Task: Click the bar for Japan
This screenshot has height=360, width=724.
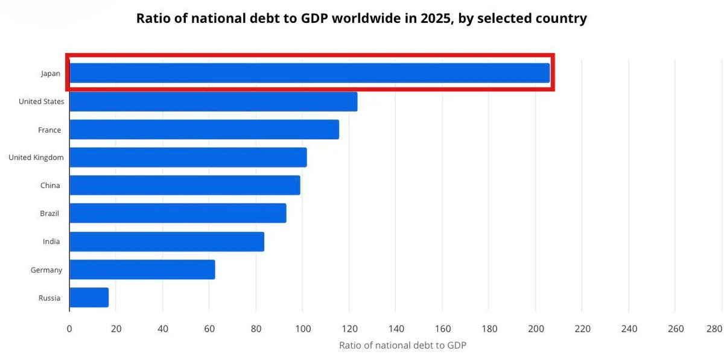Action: (x=310, y=73)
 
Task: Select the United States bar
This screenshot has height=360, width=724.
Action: (x=214, y=101)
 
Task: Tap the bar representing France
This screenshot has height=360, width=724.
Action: (x=205, y=129)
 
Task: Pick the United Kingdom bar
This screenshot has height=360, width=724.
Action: (x=188, y=157)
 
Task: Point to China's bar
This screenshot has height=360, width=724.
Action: (x=185, y=185)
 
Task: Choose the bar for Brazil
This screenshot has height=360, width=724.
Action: (x=178, y=213)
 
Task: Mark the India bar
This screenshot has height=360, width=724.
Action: (x=167, y=241)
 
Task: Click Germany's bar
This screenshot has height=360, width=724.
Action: (x=142, y=270)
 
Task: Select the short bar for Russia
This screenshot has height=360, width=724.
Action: (x=89, y=297)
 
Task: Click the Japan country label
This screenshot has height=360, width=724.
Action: (x=51, y=74)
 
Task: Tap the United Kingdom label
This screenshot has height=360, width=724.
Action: (x=36, y=157)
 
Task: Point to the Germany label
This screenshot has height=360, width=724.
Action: (x=46, y=270)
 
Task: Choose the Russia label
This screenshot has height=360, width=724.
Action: (x=49, y=298)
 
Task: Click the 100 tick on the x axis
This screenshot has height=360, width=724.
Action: (x=303, y=329)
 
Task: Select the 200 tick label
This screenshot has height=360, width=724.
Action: (x=536, y=329)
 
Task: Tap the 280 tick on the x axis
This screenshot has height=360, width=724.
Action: (x=714, y=329)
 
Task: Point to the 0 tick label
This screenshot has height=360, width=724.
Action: (x=69, y=329)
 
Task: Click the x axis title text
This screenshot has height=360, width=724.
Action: (x=403, y=345)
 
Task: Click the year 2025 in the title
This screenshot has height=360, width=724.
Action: (x=435, y=19)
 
